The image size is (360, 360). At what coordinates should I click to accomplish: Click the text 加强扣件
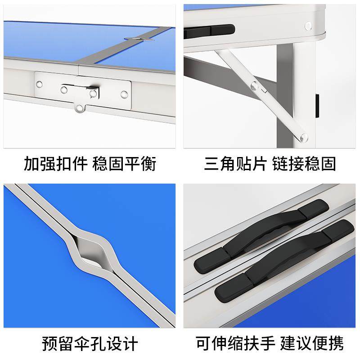coord(55,164)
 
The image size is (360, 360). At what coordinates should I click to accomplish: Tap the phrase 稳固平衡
coord(124,164)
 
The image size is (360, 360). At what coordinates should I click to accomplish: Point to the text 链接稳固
coord(304,164)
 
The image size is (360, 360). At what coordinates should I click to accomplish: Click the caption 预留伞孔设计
coord(90,344)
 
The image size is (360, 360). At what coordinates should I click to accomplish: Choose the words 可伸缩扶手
coord(235,344)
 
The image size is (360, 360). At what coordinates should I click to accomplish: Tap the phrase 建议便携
coord(312,344)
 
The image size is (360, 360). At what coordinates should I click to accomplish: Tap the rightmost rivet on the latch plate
coord(124,94)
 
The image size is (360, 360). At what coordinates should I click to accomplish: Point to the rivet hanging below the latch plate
coord(80,108)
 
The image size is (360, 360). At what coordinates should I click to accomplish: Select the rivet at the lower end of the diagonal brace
coord(304,137)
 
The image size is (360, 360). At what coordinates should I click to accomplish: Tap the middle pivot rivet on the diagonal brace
coord(255,85)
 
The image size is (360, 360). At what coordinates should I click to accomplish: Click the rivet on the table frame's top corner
coord(308,26)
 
